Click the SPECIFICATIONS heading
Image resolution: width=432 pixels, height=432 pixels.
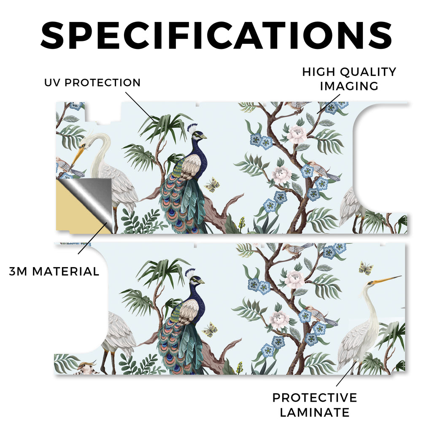[216, 35]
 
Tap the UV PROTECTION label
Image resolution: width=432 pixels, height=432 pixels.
[92, 83]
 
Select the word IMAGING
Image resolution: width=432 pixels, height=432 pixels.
[349, 86]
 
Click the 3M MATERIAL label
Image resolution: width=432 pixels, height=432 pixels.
[54, 271]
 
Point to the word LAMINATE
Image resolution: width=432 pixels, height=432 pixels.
[315, 413]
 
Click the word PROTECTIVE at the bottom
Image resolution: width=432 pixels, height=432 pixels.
[315, 398]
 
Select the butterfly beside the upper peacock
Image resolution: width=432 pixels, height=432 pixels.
[212, 185]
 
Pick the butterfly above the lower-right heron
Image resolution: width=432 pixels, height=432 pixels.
[366, 268]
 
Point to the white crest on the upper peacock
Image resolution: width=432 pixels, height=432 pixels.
[192, 128]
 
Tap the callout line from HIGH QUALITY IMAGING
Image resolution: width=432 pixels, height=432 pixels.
[328, 104]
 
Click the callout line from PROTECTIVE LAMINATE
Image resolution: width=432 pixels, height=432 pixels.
[346, 374]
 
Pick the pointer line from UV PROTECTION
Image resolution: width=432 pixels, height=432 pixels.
[140, 106]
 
